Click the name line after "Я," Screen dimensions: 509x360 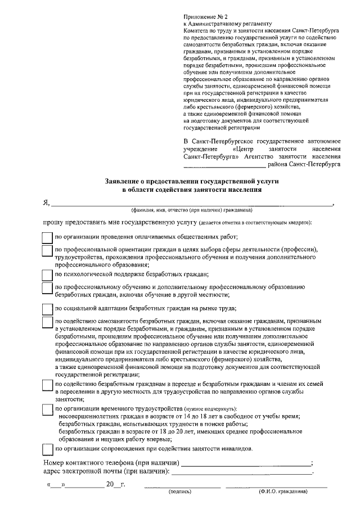tap(191, 205)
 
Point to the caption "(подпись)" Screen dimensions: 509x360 tap(181, 492)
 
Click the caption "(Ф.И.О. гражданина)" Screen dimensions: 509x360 tap(283, 492)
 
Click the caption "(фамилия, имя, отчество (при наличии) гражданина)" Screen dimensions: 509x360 tap(187, 211)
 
